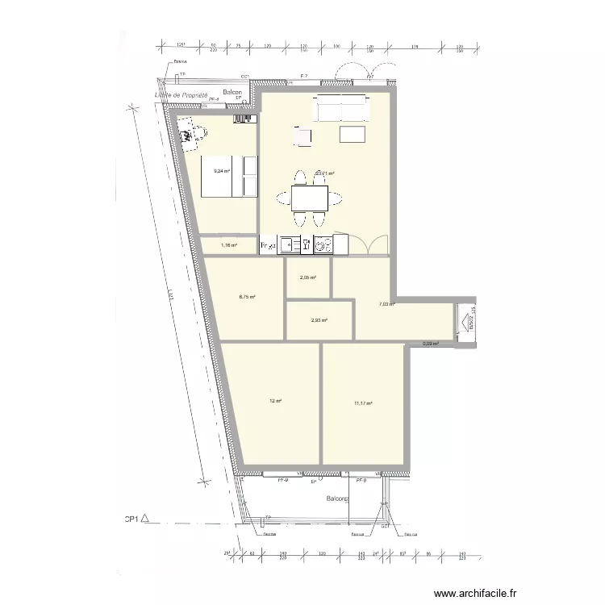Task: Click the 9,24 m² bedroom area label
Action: coord(221,171)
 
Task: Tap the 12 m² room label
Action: coord(275,401)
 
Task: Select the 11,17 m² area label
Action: coord(362,403)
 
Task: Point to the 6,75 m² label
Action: coord(247,297)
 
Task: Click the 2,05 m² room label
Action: coord(308,277)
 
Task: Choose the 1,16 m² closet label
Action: coord(228,244)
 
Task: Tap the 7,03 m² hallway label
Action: coord(386,304)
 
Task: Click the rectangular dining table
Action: coord(309,197)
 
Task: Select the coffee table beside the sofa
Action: coord(353,134)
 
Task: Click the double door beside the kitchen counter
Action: coord(369,242)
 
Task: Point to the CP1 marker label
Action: coord(131,520)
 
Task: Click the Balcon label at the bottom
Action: coord(337,500)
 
